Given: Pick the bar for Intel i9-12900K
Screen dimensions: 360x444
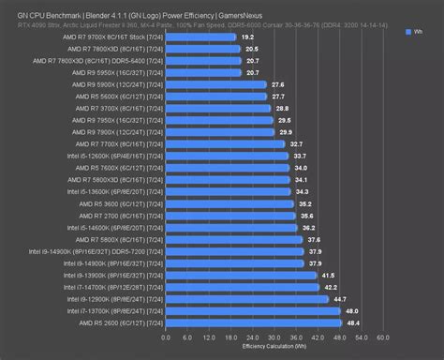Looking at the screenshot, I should [244, 298].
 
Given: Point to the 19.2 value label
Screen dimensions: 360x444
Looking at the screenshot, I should [247, 37].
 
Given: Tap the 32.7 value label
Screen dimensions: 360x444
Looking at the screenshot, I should [296, 143].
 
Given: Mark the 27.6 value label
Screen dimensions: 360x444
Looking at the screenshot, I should [277, 84].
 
